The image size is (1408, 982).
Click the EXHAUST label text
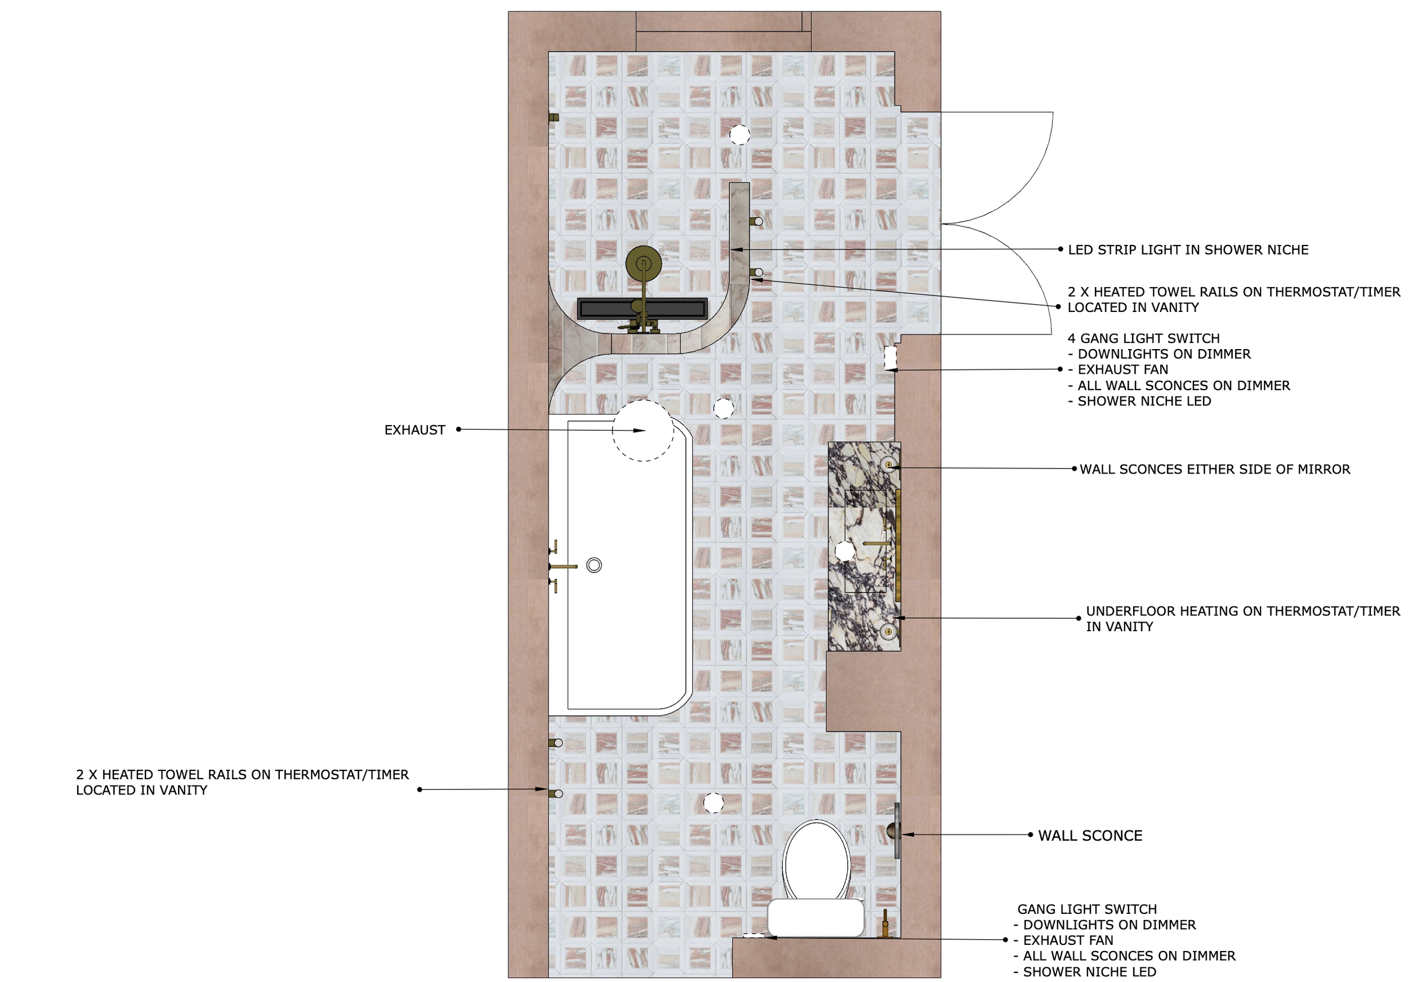(415, 430)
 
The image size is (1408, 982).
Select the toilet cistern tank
(816, 918)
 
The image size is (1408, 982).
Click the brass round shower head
(643, 264)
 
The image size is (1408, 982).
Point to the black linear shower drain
(642, 309)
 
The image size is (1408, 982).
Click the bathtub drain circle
(594, 565)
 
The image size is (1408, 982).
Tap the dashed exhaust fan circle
(643, 430)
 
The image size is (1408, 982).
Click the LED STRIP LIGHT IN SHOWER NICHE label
(1188, 250)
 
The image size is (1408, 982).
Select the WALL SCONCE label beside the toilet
(1090, 836)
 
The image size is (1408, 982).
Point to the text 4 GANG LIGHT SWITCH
(1144, 338)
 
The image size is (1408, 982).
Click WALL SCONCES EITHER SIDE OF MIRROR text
(1215, 470)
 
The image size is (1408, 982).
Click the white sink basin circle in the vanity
(844, 551)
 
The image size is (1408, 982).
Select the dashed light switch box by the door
(890, 358)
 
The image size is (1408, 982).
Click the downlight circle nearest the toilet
(713, 803)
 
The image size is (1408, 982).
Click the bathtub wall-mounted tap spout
(563, 566)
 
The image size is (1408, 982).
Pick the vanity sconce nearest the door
(889, 465)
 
